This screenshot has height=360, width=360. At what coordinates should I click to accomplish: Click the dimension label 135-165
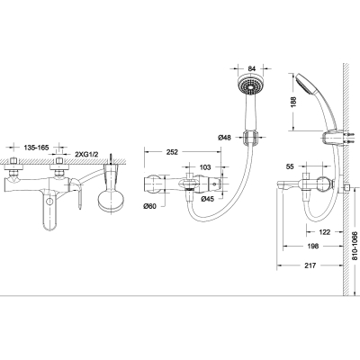point(36,148)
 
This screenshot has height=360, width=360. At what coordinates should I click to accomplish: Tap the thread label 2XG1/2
point(86,154)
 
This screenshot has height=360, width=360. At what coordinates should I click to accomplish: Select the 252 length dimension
point(172,152)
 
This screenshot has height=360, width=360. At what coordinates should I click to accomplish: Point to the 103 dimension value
point(205,167)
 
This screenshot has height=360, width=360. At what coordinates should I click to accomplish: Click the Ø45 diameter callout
point(208,199)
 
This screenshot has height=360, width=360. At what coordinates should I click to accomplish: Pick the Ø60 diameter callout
point(149,206)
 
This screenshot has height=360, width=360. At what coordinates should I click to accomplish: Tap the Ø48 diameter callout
point(225,138)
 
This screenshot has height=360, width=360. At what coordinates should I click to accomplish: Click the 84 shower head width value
point(252,68)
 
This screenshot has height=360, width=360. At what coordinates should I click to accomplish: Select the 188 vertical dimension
point(293,102)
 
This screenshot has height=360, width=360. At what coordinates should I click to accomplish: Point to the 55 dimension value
point(290,166)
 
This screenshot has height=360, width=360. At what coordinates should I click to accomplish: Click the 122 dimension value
point(325,232)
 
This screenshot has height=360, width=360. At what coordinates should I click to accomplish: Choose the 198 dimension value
point(312,247)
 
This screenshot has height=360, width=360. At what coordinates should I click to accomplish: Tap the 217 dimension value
point(310,265)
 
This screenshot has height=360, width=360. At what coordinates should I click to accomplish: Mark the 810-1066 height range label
point(355,246)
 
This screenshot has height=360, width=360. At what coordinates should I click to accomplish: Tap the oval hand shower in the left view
point(112,202)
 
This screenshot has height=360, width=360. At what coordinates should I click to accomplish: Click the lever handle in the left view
point(76,192)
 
